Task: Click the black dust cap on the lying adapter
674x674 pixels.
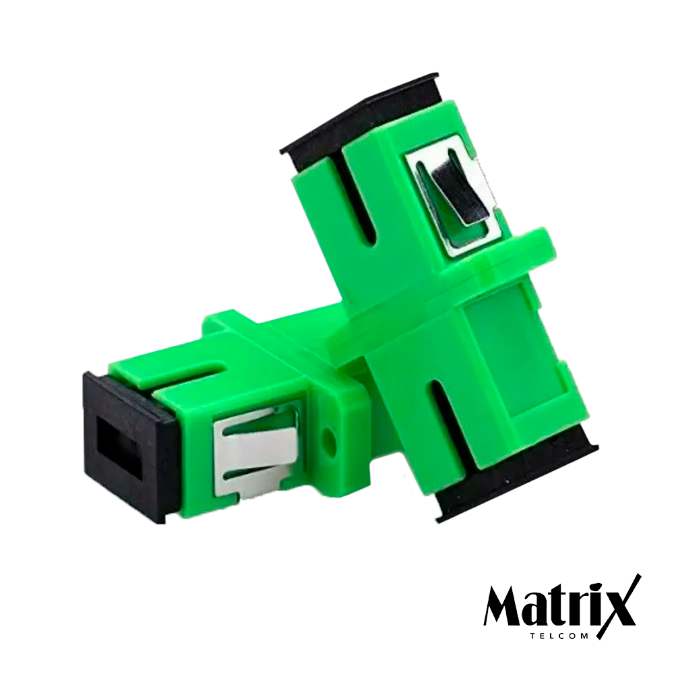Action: pos(125,448)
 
